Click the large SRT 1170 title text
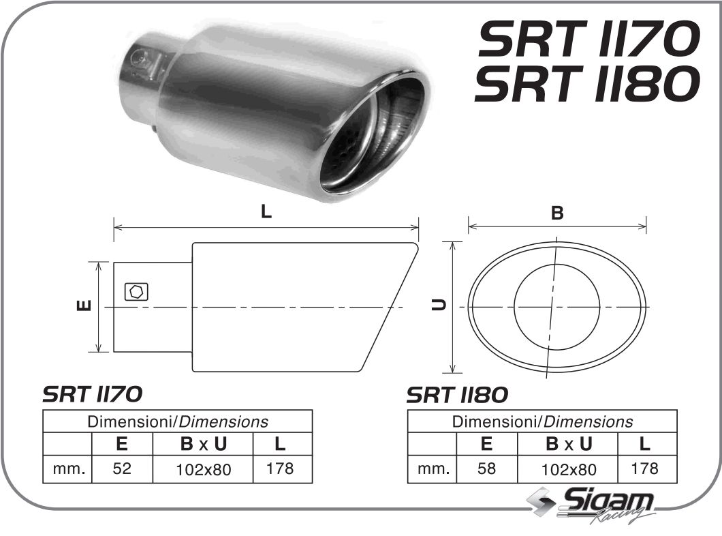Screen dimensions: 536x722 (588, 39)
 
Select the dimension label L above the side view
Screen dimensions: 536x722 (266, 211)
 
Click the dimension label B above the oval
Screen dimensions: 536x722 (557, 213)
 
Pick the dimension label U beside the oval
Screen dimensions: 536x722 (441, 307)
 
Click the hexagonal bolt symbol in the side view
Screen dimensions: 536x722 (136, 291)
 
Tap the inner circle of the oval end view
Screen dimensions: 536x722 (556, 307)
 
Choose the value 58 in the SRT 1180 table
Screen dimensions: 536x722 (486, 468)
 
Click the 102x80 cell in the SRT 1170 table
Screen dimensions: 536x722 (203, 469)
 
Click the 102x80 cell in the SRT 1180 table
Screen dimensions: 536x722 (568, 469)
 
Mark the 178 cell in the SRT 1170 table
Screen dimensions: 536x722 (280, 468)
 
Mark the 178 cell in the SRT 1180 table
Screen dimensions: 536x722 (645, 468)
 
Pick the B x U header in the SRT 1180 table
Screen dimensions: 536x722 (568, 444)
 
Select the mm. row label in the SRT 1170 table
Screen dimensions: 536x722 (68, 468)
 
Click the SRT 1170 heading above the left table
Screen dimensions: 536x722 (93, 394)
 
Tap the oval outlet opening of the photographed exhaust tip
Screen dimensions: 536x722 (371, 136)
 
